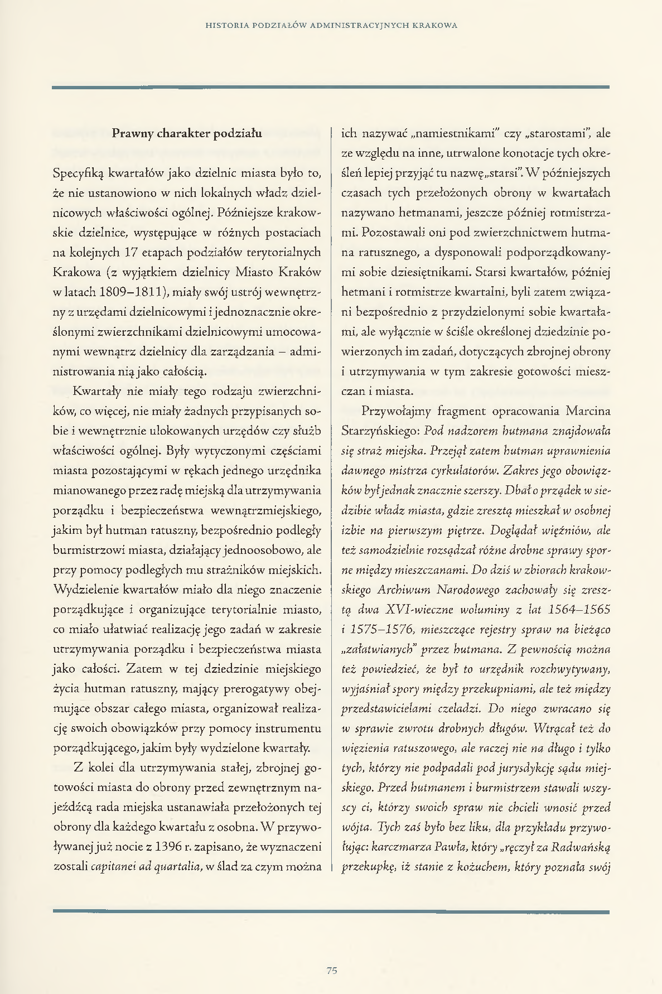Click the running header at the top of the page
pos(331,25)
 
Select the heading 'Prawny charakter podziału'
pos(187,133)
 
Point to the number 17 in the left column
pos(132,252)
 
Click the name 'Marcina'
pos(588,411)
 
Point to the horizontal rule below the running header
pos(331,87)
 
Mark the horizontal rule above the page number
pos(331,911)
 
